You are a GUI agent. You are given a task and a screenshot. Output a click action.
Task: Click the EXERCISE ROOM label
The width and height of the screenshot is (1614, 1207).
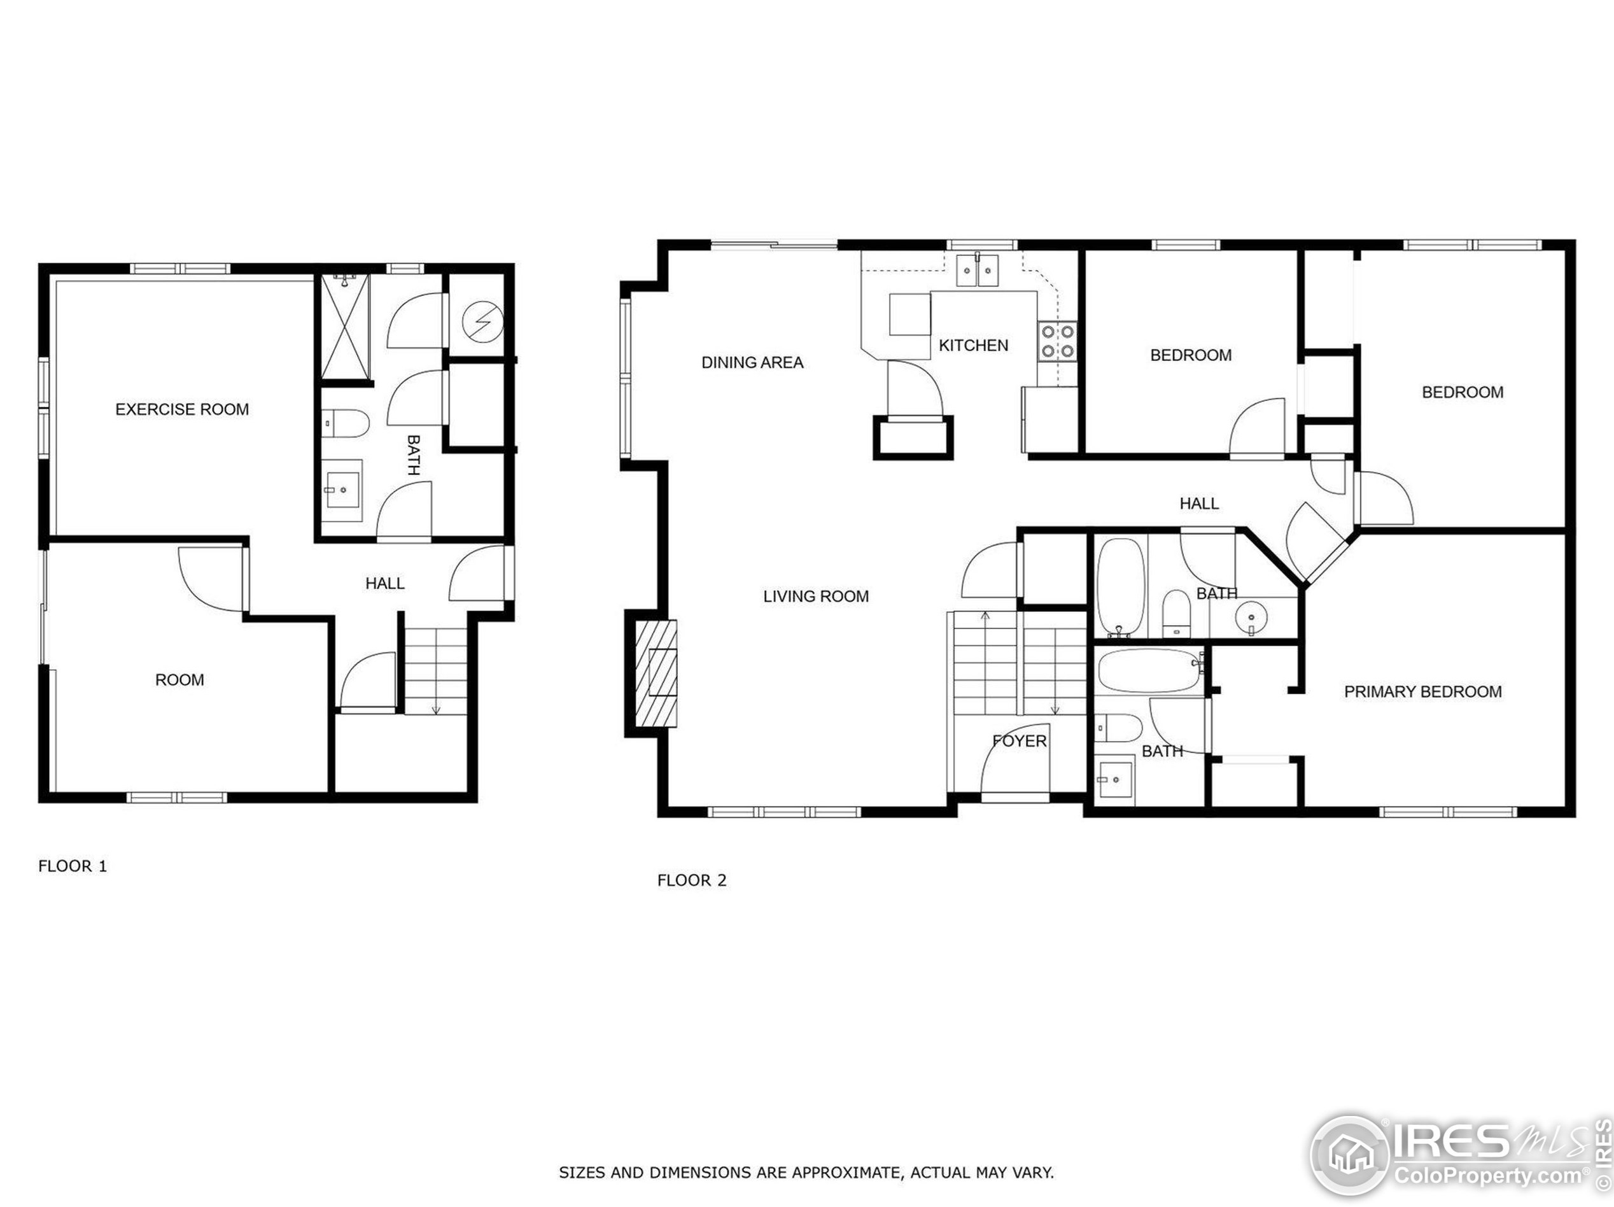(181, 409)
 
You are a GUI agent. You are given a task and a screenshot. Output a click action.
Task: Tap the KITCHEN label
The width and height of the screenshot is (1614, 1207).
(973, 345)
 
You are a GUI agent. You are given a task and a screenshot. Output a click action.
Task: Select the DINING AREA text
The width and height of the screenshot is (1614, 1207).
(752, 363)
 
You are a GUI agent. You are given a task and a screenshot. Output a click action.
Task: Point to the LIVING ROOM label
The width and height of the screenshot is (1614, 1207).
(816, 596)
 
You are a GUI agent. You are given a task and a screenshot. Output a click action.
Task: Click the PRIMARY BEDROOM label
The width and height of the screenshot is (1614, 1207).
(1423, 692)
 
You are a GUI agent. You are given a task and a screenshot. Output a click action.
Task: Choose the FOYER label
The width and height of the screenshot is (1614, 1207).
(1020, 742)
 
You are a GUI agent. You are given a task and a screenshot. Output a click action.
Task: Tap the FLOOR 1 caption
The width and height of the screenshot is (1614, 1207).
(73, 866)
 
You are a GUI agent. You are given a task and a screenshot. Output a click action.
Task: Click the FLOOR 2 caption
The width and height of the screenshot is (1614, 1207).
(692, 880)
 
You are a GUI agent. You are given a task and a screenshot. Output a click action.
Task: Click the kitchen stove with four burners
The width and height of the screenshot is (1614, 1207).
(1057, 341)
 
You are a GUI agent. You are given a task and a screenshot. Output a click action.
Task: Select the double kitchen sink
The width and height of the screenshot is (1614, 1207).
(978, 271)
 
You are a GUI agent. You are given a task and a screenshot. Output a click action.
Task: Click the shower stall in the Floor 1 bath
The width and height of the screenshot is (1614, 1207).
(346, 326)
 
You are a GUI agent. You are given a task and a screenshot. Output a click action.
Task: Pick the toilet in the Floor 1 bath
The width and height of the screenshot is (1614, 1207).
(346, 424)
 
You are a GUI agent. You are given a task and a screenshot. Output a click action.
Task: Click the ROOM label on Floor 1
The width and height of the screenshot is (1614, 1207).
(179, 680)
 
